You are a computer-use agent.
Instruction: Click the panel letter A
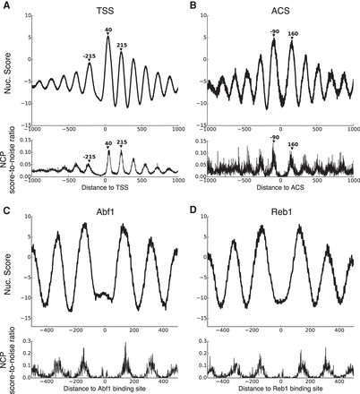tap(6, 6)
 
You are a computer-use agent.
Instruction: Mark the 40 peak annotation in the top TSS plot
tap(108, 30)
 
